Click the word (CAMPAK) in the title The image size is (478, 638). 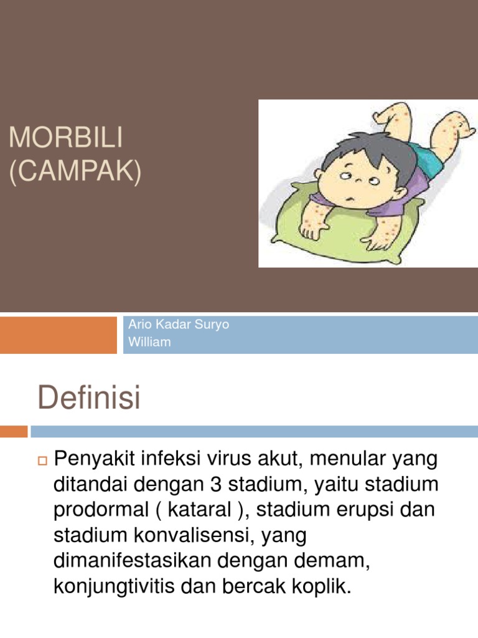coord(75,172)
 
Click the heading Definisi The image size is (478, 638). coord(90,398)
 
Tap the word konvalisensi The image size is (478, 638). coord(186,534)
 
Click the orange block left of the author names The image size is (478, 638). coord(58,335)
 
